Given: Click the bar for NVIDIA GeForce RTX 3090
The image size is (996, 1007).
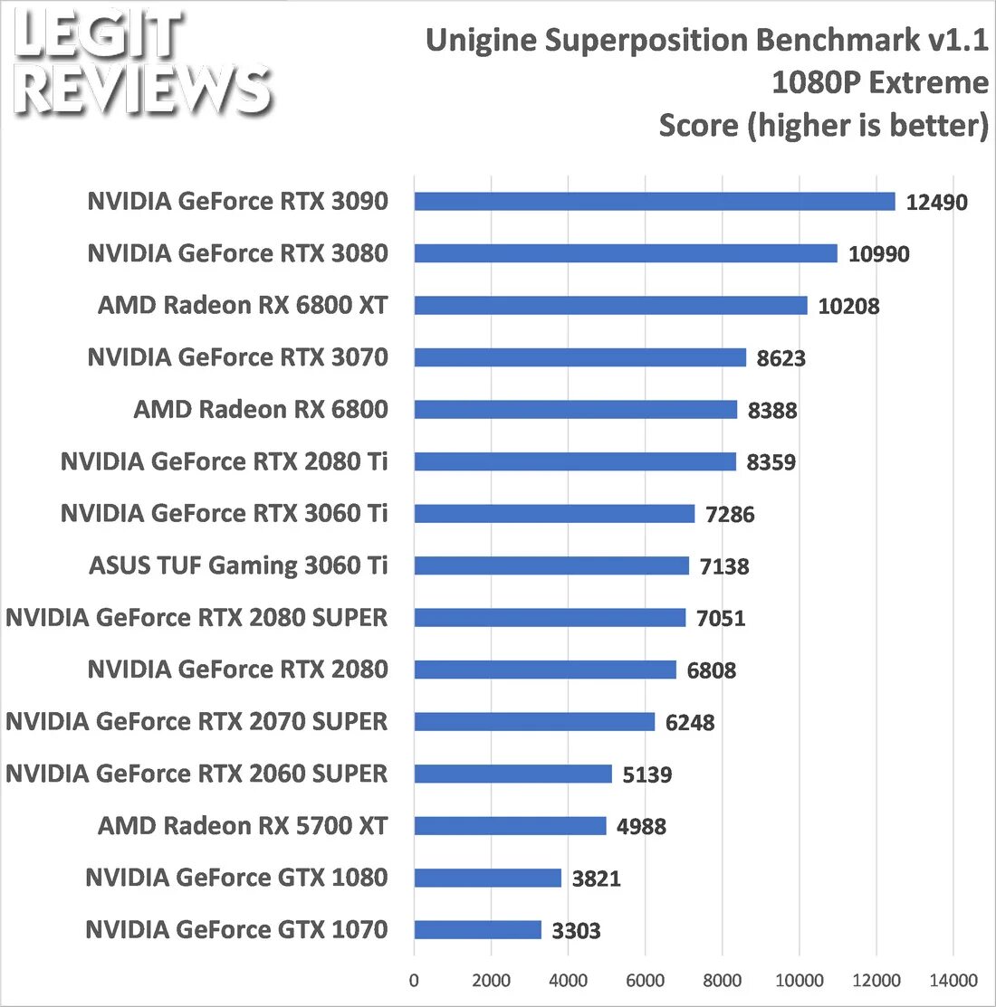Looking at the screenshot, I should pyautogui.click(x=655, y=202).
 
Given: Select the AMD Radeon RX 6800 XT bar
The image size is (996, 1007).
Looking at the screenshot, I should pyautogui.click(x=610, y=306).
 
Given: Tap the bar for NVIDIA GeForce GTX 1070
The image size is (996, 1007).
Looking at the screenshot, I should pyautogui.click(x=477, y=930).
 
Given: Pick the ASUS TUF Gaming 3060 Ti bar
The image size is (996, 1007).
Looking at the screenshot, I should pyautogui.click(x=551, y=566).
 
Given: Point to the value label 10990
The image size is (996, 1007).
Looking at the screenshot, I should pyautogui.click(x=878, y=254).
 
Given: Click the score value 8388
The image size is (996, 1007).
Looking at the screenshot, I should pyautogui.click(x=772, y=411).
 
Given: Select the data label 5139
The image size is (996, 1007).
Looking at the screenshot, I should pyautogui.click(x=646, y=774).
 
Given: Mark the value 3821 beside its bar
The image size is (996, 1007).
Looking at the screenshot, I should pyautogui.click(x=596, y=879).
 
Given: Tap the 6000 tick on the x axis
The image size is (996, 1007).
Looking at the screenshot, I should pyautogui.click(x=646, y=981).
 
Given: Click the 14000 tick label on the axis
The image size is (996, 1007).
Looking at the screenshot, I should pyautogui.click(x=953, y=981).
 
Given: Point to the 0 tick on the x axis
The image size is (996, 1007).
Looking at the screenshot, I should pyautogui.click(x=415, y=981).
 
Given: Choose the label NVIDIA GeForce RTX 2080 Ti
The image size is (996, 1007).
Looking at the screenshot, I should pyautogui.click(x=224, y=461).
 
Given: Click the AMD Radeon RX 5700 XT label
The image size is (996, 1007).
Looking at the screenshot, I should pyautogui.click(x=243, y=826).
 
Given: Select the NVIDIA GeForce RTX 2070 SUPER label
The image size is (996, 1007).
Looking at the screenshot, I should pyautogui.click(x=196, y=722).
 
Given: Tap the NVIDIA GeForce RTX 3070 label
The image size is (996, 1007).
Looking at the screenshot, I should pyautogui.click(x=237, y=357).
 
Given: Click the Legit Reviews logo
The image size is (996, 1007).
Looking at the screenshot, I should pyautogui.click(x=143, y=66).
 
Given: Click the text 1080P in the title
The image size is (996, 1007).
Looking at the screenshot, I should pyautogui.click(x=810, y=83).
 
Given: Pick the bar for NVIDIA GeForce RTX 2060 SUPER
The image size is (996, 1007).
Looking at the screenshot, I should pyautogui.click(x=512, y=774).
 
